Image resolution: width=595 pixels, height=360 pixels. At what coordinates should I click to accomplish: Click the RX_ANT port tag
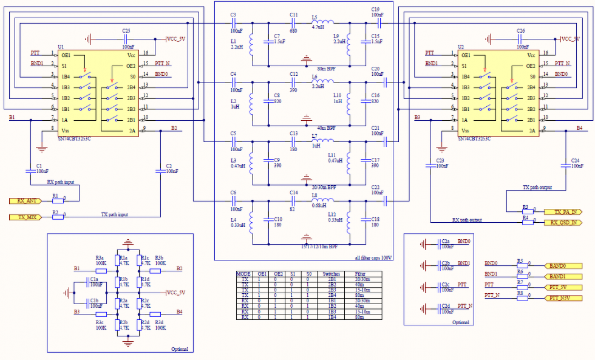(25, 200)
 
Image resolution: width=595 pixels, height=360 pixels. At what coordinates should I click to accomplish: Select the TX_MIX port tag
(25, 217)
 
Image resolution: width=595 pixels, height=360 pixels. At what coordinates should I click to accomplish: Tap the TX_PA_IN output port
(564, 212)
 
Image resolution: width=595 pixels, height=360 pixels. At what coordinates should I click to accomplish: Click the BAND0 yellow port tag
(564, 266)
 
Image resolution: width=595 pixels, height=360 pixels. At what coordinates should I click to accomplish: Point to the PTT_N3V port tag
(564, 298)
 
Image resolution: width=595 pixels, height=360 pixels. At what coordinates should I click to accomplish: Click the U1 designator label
(61, 47)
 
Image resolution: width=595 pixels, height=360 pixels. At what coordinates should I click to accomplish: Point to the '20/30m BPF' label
(325, 188)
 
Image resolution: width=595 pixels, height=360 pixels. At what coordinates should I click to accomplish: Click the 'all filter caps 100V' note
(373, 258)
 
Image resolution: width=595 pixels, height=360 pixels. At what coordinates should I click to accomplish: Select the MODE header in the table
(243, 274)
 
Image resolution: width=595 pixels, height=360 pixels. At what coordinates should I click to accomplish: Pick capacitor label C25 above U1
(126, 30)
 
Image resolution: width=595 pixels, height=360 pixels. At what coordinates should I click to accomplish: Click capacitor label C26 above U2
(520, 30)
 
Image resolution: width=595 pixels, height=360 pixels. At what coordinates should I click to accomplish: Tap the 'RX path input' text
(61, 182)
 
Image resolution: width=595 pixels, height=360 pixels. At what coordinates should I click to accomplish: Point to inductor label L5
(314, 17)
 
